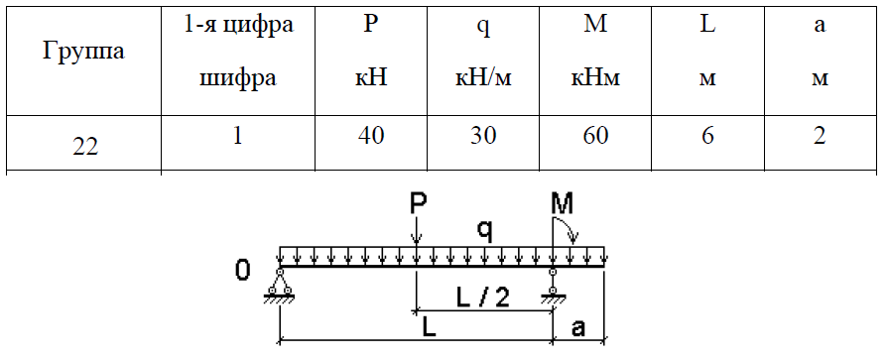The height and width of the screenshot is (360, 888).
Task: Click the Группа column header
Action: click(83, 53)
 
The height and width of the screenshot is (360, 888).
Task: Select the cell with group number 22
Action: click(85, 147)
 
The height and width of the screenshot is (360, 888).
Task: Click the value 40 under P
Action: click(371, 136)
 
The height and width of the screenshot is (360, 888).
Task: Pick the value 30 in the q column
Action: click(483, 136)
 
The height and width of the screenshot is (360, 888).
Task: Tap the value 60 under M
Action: click(594, 136)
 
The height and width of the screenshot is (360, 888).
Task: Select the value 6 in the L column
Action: click(707, 136)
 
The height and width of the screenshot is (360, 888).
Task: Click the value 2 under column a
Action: click(820, 136)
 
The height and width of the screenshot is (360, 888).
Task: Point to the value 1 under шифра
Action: click(238, 136)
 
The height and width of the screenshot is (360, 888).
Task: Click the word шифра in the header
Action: click(238, 78)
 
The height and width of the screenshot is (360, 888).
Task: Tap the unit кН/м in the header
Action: click(483, 78)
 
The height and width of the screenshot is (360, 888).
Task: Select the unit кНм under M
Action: click(594, 78)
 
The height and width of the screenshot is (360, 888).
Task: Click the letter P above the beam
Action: click(417, 205)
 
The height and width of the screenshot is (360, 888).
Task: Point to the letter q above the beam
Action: click(485, 230)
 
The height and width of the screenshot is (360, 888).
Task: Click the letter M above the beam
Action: click(562, 203)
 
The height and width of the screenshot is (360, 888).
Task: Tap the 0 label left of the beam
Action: click(242, 271)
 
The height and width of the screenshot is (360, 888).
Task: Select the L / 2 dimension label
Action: click(482, 298)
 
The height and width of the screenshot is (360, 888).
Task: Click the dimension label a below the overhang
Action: click(578, 329)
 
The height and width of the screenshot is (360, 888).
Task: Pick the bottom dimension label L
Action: click(430, 329)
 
